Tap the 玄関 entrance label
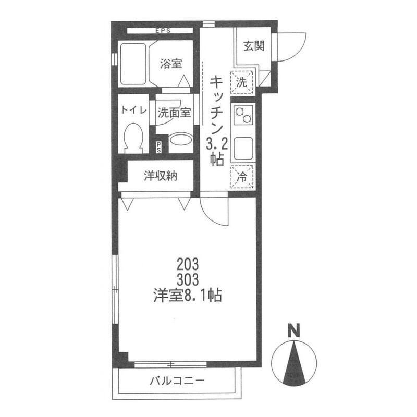(x=254, y=46)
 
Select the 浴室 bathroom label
(x=171, y=64)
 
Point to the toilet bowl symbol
(x=133, y=138)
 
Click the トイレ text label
(x=134, y=110)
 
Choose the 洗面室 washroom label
(x=175, y=113)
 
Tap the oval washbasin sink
(x=181, y=139)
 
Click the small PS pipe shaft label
(x=158, y=147)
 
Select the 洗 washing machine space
(x=241, y=82)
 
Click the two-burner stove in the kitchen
(x=244, y=115)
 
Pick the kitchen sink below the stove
(x=243, y=149)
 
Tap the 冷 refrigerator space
(x=242, y=177)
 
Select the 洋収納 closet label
(x=161, y=176)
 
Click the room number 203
(x=188, y=265)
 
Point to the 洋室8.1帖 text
(x=188, y=295)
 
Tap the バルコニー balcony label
(x=177, y=381)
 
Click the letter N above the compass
(x=294, y=330)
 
